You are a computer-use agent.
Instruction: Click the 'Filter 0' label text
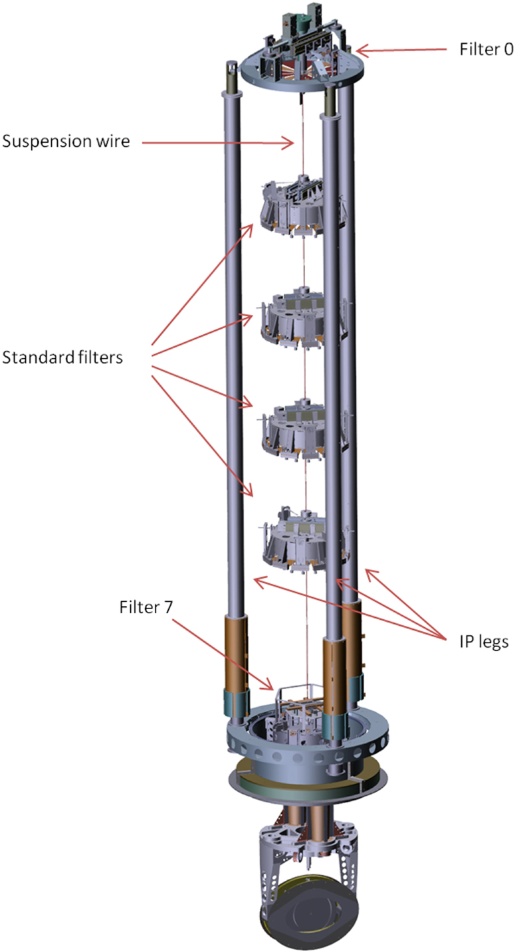[486, 49]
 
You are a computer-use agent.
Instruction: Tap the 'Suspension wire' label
[66, 142]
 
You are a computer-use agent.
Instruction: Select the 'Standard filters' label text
[62, 357]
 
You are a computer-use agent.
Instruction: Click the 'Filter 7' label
[146, 607]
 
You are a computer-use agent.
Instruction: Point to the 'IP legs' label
[484, 642]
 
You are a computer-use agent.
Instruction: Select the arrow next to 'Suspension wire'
[218, 143]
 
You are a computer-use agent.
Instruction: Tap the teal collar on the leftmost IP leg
[236, 704]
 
